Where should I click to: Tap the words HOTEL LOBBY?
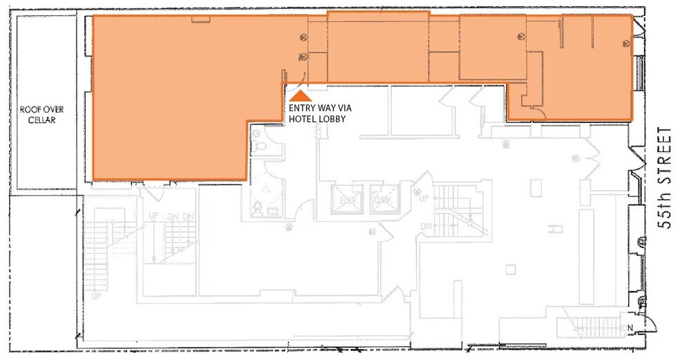[x=318, y=119]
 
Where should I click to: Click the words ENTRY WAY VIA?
[x=319, y=108]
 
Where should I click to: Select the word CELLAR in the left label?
[x=37, y=120]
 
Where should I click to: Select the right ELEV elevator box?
[x=382, y=199]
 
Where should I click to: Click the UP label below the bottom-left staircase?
[x=96, y=296]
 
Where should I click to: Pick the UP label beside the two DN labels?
[x=153, y=216]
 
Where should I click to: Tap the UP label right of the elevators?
[x=425, y=198]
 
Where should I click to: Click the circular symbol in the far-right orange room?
[x=625, y=44]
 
